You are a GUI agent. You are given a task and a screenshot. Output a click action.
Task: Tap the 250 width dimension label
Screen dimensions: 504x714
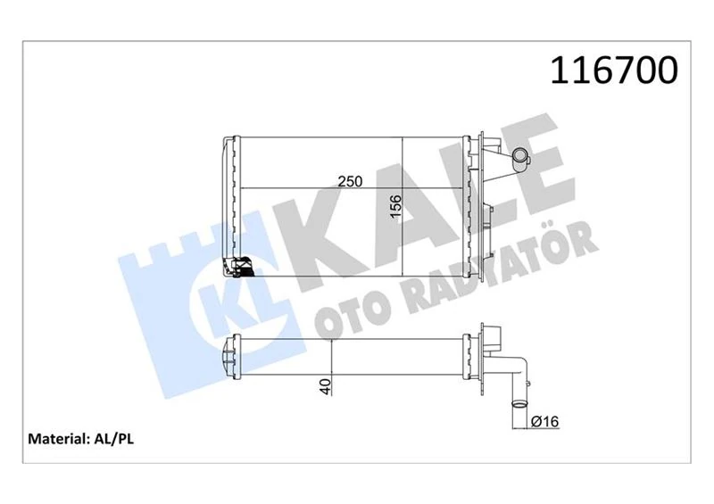click(x=349, y=181)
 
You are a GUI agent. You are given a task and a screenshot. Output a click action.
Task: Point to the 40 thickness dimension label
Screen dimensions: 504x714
click(x=326, y=386)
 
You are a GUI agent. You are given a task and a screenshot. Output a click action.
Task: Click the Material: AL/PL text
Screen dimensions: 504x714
click(x=81, y=439)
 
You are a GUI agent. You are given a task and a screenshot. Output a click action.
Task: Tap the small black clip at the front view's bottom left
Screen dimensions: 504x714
click(x=239, y=267)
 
